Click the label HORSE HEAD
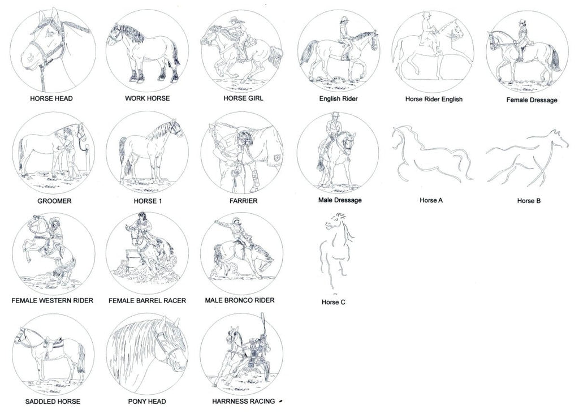coord(51,98)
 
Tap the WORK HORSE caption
coord(148,98)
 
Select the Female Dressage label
coord(532,100)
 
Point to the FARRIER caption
coord(243,201)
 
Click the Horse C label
coord(334,302)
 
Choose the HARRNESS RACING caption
coord(243,402)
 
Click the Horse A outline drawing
coord(432,154)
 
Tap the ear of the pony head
coord(176,324)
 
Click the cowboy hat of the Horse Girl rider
coord(236,20)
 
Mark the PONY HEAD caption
coord(147,402)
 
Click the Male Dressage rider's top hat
coord(335,114)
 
